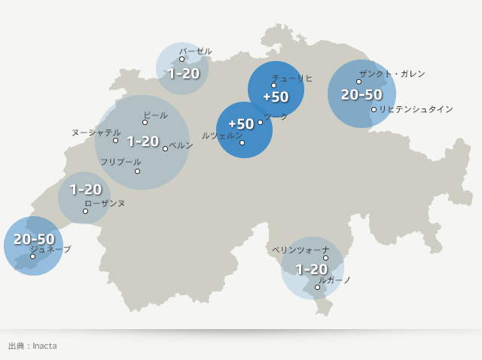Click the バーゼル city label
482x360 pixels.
tap(195, 51)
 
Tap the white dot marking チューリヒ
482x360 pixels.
tap(274, 86)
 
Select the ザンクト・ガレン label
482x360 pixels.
tap(392, 74)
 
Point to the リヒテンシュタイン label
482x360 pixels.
tap(416, 109)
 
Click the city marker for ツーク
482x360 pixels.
tap(261, 122)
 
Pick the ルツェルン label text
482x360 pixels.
tap(222, 135)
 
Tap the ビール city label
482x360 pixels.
tap(155, 115)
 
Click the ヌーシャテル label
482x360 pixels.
tap(96, 133)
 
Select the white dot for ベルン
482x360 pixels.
tap(166, 148)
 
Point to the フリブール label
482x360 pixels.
tap(120, 162)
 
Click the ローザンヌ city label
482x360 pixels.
tap(105, 203)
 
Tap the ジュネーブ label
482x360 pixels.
tap(50, 249)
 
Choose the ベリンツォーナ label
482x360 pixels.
tap(300, 249)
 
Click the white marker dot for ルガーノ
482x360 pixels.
tap(318, 287)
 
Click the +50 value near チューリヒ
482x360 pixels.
tap(276, 97)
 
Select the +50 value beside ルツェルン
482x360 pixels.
tap(241, 124)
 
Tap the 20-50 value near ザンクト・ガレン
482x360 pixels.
tap(361, 95)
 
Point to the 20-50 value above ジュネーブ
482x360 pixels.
tap(34, 239)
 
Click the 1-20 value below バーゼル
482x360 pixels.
tap(183, 74)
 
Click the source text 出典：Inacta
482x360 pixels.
tap(32, 346)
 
